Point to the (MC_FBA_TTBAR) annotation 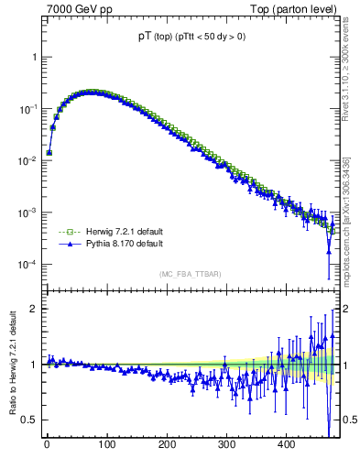click(190, 274)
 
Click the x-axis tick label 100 click(106, 443)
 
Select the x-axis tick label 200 click(167, 443)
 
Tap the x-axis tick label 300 click(227, 443)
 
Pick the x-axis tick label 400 click(287, 443)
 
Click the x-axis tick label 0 click(47, 443)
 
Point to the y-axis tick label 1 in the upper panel click(34, 57)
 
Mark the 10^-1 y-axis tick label click(27, 109)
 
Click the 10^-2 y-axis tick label click(27, 161)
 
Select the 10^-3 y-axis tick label click(27, 213)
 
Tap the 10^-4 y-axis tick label click(27, 265)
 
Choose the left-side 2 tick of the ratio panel click(34, 309)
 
